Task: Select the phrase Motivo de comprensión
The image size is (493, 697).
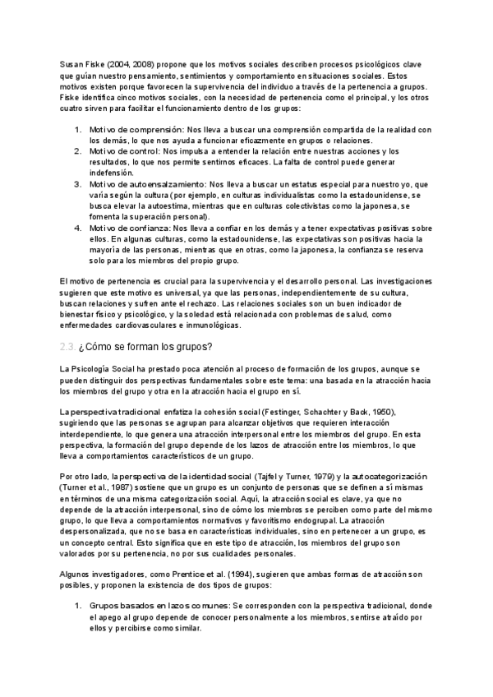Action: [x=136, y=131]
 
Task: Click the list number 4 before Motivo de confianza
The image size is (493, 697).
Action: [x=77, y=228]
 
